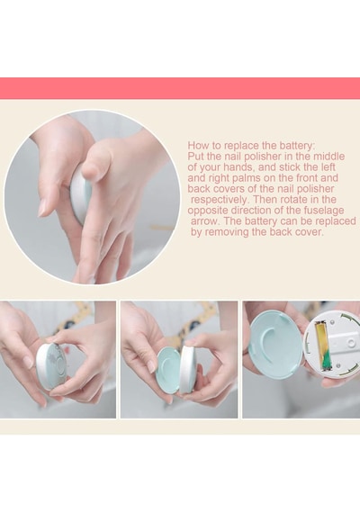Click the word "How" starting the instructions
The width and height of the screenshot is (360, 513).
195,145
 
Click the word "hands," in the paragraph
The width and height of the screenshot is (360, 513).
238,167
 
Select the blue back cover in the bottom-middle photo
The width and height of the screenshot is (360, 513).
169,367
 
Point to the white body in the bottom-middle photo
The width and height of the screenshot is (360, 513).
187,369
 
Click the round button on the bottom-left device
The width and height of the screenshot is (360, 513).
60,364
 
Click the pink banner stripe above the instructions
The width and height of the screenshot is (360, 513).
180,88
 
